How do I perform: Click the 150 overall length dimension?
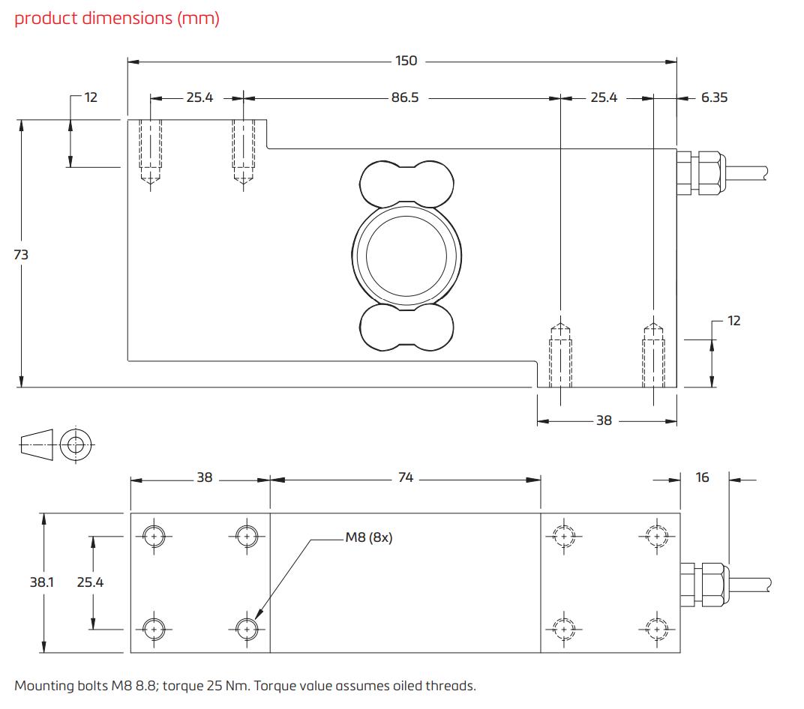(x=406, y=61)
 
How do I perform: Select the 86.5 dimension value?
(x=405, y=97)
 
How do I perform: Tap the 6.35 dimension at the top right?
(x=714, y=97)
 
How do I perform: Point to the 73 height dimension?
(x=21, y=255)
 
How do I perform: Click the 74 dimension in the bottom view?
(x=406, y=477)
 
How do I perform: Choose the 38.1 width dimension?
(x=37, y=582)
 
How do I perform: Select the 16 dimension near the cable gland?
(x=702, y=477)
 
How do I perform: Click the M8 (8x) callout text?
(x=368, y=537)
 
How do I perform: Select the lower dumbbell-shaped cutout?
(x=407, y=327)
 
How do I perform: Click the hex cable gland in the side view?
(x=700, y=172)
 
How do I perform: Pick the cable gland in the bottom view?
(x=702, y=582)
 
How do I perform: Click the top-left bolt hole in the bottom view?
(x=154, y=536)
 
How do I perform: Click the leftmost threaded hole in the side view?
(x=151, y=150)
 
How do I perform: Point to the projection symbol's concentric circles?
(x=73, y=445)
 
